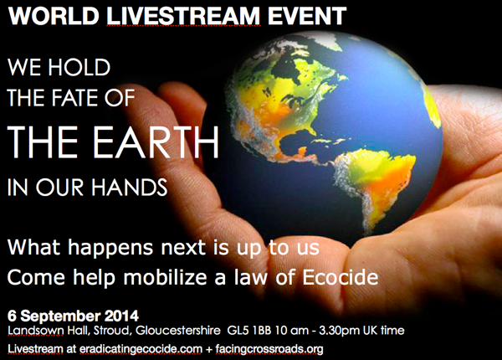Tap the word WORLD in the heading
coord(39,14)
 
